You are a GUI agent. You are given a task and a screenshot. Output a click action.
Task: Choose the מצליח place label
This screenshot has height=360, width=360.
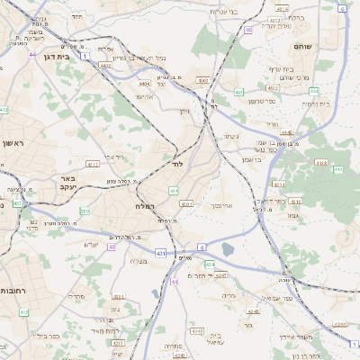pyautogui.click(x=138, y=261)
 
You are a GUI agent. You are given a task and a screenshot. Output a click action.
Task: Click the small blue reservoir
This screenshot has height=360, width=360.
pyautogui.click(x=227, y=249)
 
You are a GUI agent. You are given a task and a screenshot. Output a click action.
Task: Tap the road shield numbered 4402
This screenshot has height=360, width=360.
pyautogui.click(x=106, y=65)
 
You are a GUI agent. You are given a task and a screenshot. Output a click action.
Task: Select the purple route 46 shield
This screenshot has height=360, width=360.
pyautogui.click(x=247, y=29)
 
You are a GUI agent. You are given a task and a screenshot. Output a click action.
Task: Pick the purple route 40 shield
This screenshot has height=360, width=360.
pyautogui.click(x=111, y=247)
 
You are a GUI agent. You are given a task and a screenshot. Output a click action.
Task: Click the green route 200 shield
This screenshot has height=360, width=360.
pyautogui.click(x=83, y=211)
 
